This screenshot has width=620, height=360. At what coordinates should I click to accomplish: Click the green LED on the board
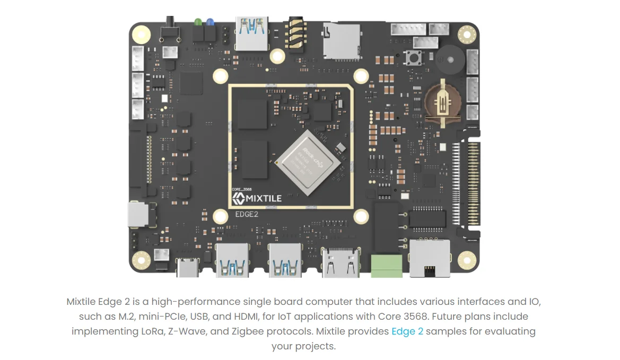pyautogui.click(x=198, y=23)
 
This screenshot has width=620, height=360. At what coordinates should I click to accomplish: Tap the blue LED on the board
pyautogui.click(x=210, y=23)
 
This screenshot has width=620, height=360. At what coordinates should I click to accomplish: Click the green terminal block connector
pyautogui.click(x=386, y=266)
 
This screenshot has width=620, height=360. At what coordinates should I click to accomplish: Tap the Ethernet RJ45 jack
pyautogui.click(x=430, y=258)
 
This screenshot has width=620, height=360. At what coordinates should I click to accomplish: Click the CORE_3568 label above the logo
pyautogui.click(x=242, y=189)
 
